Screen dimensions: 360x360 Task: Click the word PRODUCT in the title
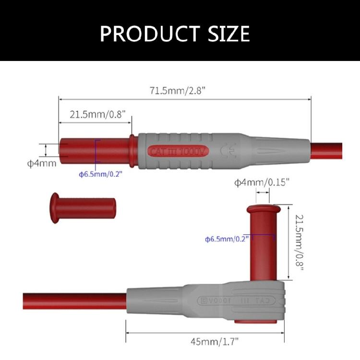(x=150, y=34)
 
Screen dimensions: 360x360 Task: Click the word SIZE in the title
(x=229, y=34)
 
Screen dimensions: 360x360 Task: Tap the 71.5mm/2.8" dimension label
(x=177, y=90)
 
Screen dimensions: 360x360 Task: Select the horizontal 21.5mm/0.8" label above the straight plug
(x=98, y=114)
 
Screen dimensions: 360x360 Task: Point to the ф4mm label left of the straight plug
(x=42, y=163)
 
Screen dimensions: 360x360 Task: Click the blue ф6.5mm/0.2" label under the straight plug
(x=101, y=174)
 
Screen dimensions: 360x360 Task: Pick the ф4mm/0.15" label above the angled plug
(x=262, y=182)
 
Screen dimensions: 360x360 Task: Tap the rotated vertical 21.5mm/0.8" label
(x=300, y=242)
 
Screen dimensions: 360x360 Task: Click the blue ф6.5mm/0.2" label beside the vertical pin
(x=227, y=239)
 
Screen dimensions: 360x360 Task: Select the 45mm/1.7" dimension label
(x=215, y=341)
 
